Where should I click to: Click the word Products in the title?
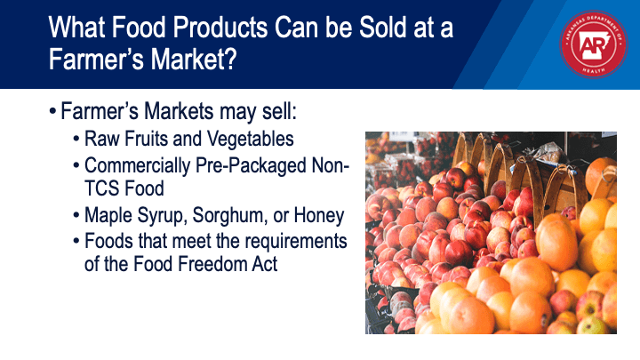coord(220,28)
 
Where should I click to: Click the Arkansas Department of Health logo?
coord(593,44)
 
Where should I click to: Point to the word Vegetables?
coord(250,139)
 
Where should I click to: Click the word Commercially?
coord(137,166)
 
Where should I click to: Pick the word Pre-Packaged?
coord(251,166)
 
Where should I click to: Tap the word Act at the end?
coord(264,264)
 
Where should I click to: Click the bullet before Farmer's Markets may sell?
coord(52,111)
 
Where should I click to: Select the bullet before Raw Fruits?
coord(76,139)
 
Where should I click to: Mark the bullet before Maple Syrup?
coord(76,215)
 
